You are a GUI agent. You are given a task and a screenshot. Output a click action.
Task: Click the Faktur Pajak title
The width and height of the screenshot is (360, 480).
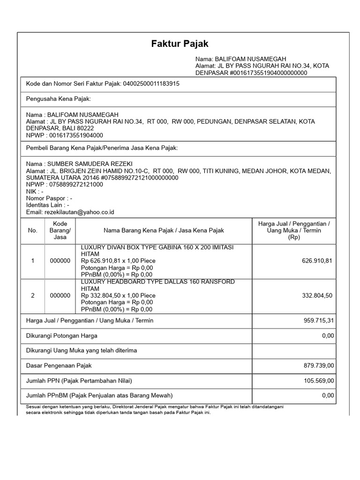click(x=180, y=44)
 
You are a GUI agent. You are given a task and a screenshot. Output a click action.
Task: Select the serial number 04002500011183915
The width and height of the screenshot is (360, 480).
click(x=151, y=84)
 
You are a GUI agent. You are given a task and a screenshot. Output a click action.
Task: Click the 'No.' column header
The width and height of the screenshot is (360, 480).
click(x=32, y=231)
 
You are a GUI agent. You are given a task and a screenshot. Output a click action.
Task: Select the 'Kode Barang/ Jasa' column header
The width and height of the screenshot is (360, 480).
click(x=60, y=231)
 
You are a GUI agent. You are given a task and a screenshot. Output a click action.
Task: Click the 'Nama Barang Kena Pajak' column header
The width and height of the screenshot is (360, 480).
click(x=164, y=231)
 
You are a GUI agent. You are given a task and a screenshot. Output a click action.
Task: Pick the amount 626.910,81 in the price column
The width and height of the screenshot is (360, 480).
click(x=317, y=261)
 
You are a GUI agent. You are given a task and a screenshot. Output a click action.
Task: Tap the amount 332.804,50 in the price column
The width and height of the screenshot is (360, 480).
click(x=317, y=296)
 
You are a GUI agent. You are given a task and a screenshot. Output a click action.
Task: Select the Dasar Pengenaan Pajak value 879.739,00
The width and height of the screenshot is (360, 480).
click(x=318, y=365)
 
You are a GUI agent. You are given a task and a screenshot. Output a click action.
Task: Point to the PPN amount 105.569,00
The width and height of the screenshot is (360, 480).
click(x=318, y=380)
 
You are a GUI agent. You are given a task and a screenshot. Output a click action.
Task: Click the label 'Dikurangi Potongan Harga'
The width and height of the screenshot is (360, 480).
click(x=62, y=336)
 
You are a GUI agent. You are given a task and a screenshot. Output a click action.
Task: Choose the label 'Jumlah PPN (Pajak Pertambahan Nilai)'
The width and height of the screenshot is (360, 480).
click(x=79, y=380)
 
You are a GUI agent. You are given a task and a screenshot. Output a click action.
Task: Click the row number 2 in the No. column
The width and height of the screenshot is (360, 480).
click(x=32, y=296)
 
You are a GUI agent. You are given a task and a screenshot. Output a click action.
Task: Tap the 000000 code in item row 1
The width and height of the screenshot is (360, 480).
click(x=60, y=261)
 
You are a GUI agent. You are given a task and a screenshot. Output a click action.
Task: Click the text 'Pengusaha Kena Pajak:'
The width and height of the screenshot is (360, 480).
click(x=58, y=99)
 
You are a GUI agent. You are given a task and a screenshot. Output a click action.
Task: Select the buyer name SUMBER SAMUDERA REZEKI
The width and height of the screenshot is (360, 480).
click(x=89, y=164)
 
